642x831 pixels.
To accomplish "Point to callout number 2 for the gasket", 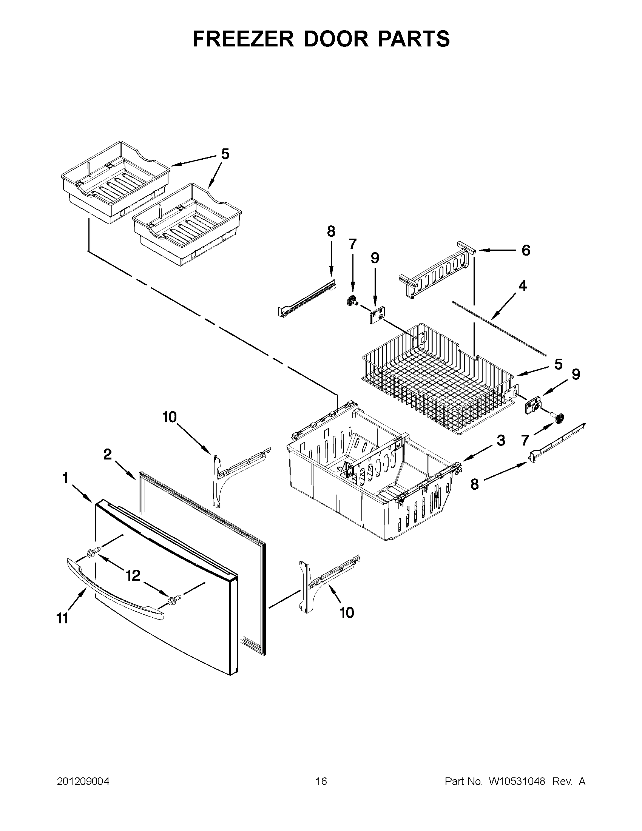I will tap(108, 454).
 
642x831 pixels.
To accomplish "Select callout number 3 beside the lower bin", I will tap(501, 440).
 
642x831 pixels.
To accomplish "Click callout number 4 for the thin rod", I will tap(523, 285).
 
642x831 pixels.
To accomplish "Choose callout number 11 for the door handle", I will tap(62, 619).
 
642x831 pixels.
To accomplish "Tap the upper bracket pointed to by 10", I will tap(236, 472).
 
